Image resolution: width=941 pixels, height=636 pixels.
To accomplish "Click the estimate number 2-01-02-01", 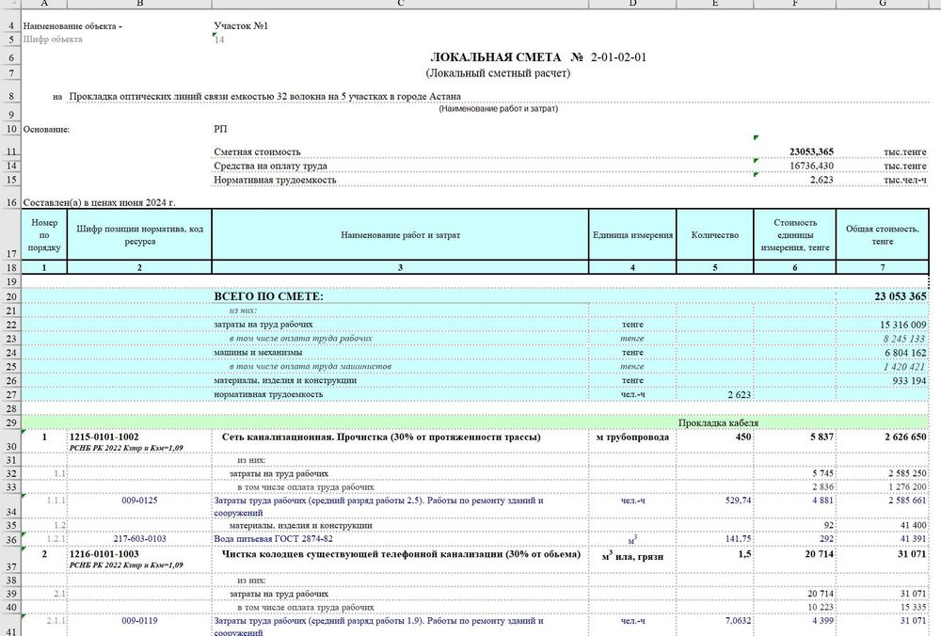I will coord(618,57).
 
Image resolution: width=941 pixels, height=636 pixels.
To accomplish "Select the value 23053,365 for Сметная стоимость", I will coord(810,151).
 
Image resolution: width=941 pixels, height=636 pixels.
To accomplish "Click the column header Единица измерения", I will coord(632,235).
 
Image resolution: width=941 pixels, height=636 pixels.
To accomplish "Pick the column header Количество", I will coord(715,235).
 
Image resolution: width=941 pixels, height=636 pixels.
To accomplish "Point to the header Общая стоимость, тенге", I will coord(882,235).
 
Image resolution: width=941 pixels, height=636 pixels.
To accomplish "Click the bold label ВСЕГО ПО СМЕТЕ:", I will coord(268,296).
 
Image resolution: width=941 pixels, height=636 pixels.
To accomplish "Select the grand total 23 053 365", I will coord(901,296).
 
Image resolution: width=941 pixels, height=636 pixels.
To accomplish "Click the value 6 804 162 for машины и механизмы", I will coord(904,352).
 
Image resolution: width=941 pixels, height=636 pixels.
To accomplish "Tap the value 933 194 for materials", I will coord(908,379).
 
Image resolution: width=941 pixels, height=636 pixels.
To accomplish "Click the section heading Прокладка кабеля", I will coord(718,422).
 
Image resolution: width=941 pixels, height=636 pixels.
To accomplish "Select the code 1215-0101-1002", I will coord(104,437).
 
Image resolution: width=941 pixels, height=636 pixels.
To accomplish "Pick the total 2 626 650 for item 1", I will coord(901,437).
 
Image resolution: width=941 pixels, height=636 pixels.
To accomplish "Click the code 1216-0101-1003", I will coord(104,556).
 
